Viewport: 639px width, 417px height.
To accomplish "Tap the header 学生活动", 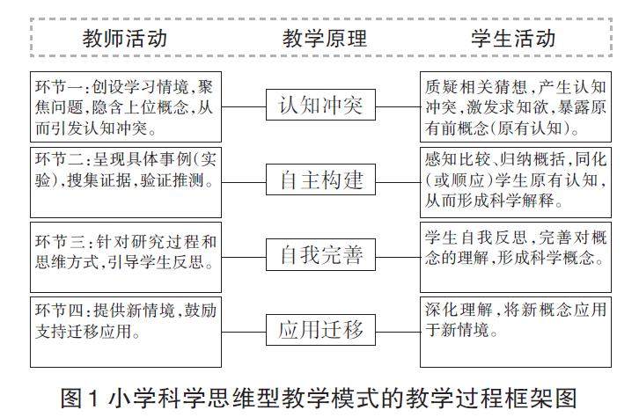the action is coord(513,39).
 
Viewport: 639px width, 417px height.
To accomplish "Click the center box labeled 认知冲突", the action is coord(320,106).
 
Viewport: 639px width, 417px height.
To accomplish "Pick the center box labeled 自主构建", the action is coord(320,182).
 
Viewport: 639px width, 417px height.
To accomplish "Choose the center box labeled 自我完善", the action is coord(320,257).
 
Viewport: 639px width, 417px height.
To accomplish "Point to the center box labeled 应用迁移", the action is coord(320,332).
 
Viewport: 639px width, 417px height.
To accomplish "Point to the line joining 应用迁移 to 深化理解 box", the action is coord(398,332).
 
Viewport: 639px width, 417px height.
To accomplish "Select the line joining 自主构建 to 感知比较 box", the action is coord(398,182).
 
